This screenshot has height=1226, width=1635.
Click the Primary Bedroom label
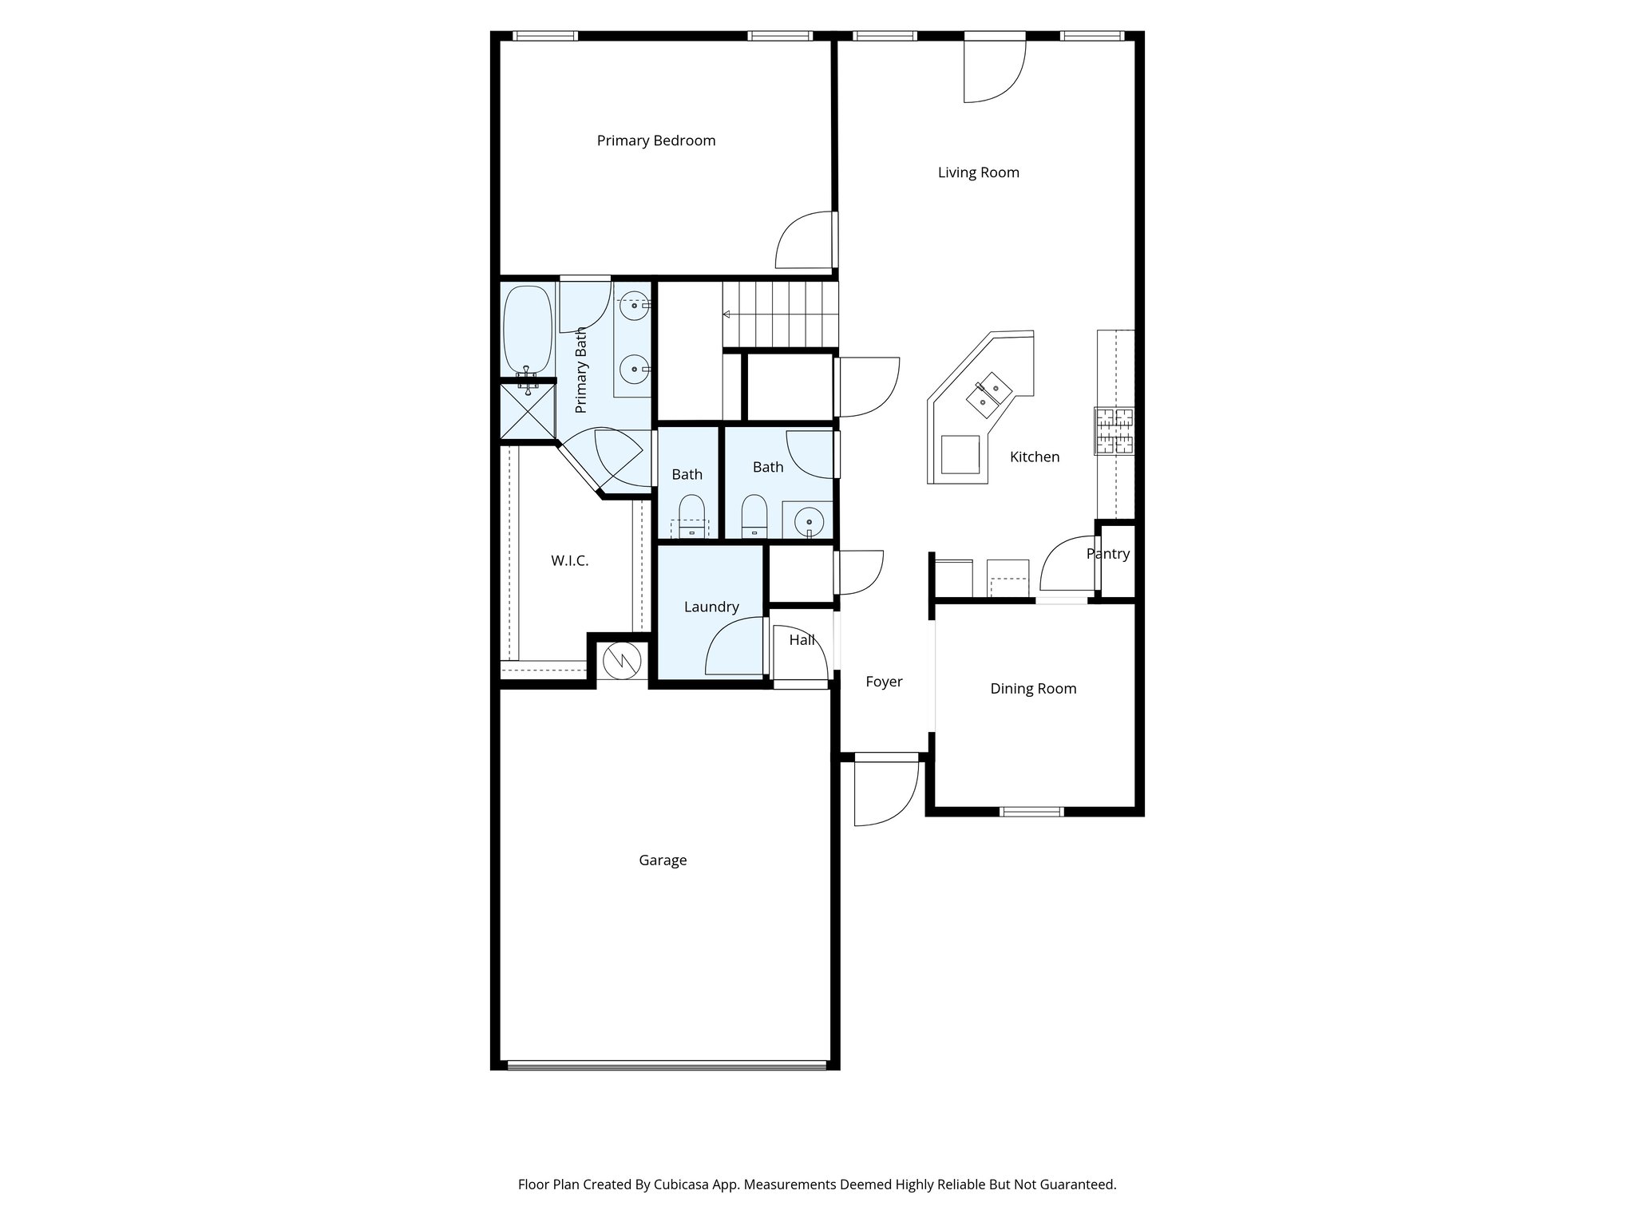656,140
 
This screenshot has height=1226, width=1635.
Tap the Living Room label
978,172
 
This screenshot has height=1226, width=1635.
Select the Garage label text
663,860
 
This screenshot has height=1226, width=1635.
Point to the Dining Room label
1033,689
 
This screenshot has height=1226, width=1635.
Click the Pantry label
1108,554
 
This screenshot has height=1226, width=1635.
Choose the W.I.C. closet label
570,561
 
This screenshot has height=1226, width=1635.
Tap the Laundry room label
711,607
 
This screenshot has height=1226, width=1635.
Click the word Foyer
884,682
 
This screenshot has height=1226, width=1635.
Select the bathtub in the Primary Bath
528,329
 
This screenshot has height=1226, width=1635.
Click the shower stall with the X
528,412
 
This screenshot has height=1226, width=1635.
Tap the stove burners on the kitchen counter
1114,431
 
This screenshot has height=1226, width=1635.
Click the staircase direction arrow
727,314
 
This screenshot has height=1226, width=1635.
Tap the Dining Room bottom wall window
1031,812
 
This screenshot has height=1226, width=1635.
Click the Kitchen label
1035,457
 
